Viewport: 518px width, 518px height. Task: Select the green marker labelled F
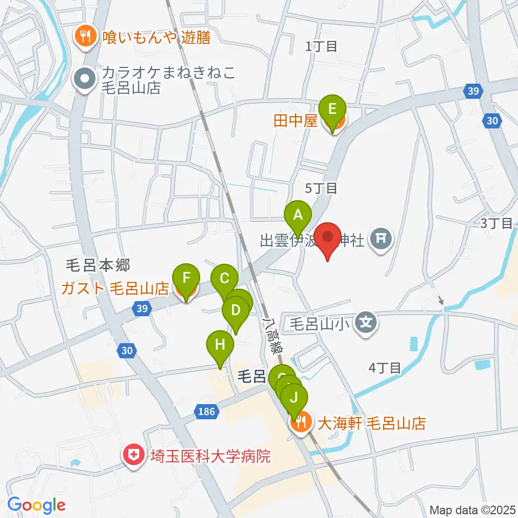point(186,279)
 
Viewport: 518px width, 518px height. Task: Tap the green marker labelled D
point(235,311)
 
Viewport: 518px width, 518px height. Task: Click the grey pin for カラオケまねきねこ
point(84,80)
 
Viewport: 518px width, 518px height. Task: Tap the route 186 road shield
point(206,412)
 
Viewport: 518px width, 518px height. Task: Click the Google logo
point(36,505)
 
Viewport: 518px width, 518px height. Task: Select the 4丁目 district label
point(384,369)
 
